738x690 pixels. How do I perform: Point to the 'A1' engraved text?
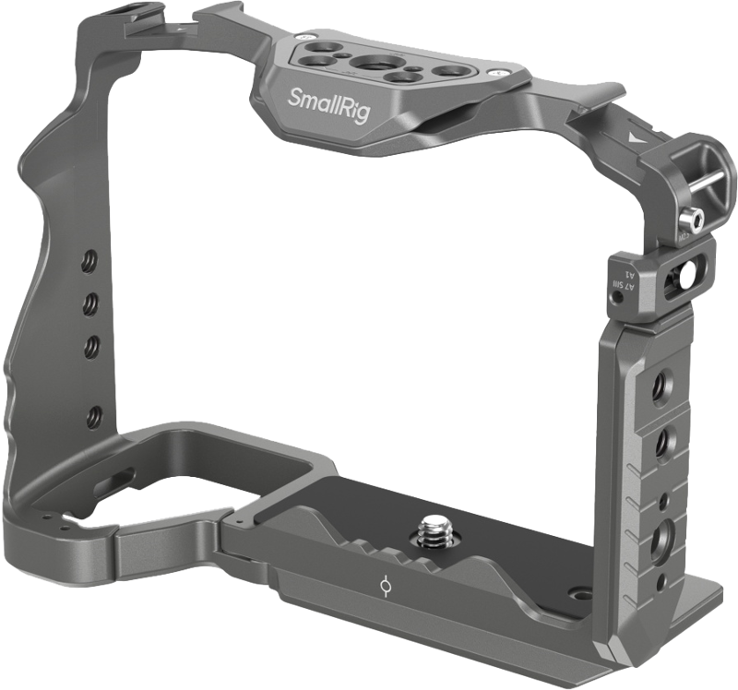click(x=631, y=274)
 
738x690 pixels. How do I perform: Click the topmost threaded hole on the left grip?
click(x=90, y=255)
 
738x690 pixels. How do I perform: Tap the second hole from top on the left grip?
click(x=91, y=300)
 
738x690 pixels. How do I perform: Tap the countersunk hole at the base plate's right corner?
click(x=578, y=597)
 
